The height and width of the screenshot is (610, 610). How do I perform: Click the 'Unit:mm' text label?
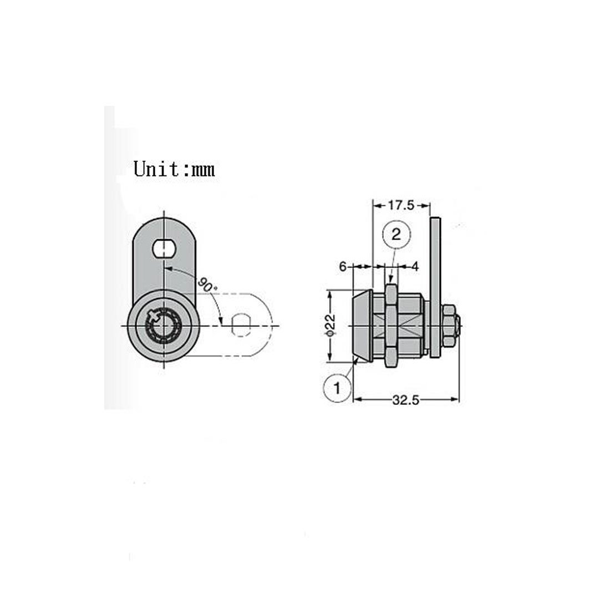174,169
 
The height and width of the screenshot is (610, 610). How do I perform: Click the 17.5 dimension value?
401,205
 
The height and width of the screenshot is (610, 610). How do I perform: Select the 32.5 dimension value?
406,400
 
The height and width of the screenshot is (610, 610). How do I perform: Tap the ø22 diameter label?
330,325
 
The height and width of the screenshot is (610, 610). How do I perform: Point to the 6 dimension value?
342,267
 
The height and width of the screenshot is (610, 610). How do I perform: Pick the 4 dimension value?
415,267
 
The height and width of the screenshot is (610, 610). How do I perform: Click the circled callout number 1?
337,388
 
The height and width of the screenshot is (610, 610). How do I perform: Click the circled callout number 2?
396,234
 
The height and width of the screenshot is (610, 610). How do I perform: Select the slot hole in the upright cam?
164,248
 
